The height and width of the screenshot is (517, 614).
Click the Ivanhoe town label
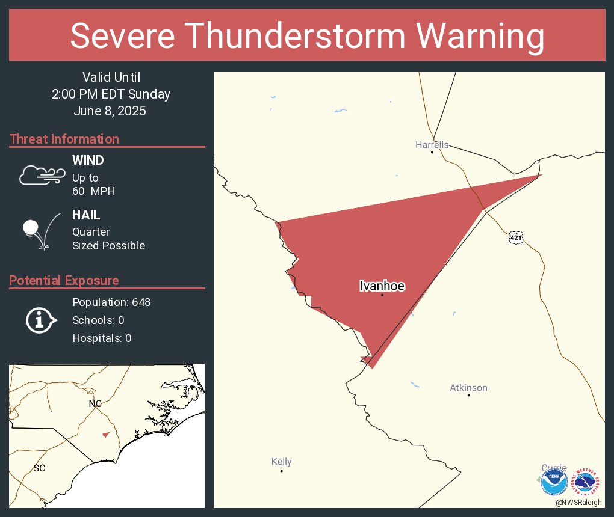(x=382, y=286)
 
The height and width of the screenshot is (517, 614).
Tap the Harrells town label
(x=432, y=145)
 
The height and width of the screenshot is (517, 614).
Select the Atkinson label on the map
(x=468, y=388)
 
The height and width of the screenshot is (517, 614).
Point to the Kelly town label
(x=281, y=462)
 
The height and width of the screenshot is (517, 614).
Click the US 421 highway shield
(x=515, y=237)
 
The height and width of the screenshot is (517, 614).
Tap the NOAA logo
(x=554, y=481)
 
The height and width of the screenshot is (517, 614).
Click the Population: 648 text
(x=111, y=302)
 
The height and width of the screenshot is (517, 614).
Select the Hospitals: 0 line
(x=102, y=338)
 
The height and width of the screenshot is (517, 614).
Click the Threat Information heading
(x=64, y=139)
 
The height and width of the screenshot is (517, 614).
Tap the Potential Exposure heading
(x=64, y=280)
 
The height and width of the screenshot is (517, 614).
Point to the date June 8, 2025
(x=111, y=111)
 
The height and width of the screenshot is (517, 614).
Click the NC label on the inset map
(x=95, y=403)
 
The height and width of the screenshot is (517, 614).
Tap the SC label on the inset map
(x=40, y=468)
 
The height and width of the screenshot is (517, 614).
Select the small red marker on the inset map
(x=106, y=435)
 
